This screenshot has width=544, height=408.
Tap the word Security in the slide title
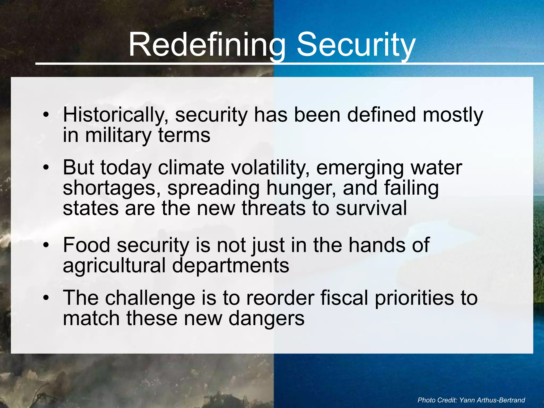[x=356, y=45]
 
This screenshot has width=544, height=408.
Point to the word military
[x=118, y=135]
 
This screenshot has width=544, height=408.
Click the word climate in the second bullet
[x=191, y=168]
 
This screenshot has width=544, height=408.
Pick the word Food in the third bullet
[x=87, y=245]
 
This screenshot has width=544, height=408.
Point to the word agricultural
[x=114, y=266]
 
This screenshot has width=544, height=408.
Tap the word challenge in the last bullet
[x=150, y=298]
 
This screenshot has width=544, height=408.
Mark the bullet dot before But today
[x=46, y=168]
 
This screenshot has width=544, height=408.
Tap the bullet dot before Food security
[x=46, y=245]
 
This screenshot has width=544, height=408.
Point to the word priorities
[x=414, y=298]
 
